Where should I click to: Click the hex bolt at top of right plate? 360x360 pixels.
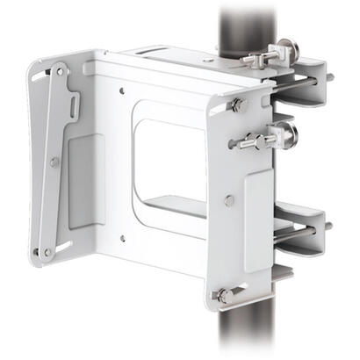(x=238, y=105)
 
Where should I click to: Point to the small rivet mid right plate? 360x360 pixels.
(x=229, y=200)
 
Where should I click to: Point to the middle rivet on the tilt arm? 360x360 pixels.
(x=54, y=162)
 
